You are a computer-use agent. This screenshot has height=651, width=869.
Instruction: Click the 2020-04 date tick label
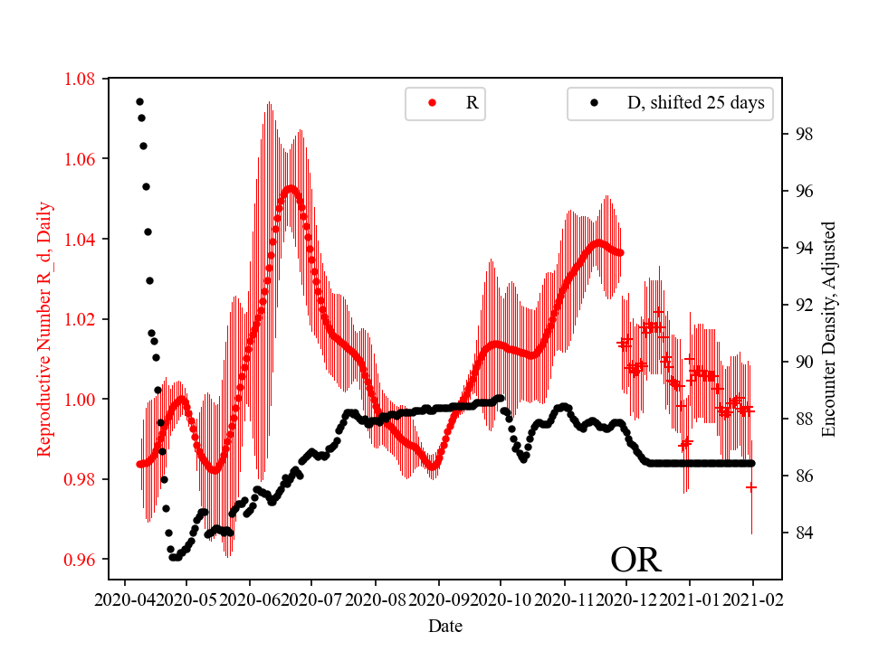tap(124, 599)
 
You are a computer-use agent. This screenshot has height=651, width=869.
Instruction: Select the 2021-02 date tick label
tap(751, 599)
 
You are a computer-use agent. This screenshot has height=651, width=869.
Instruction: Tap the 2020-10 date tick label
tap(501, 599)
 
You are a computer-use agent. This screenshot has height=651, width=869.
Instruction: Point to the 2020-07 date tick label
tap(312, 599)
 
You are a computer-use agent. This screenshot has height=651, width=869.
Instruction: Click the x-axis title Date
tap(444, 625)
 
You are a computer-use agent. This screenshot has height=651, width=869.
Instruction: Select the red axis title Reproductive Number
tap(43, 329)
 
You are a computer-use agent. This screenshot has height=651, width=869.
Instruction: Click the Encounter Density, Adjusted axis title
tap(828, 329)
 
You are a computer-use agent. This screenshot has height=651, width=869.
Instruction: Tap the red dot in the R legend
tap(432, 103)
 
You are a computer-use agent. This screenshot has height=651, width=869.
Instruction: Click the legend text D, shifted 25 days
tap(695, 103)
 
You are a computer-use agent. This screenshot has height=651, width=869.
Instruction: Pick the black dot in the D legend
tap(594, 103)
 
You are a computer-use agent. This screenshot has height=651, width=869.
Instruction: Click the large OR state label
tap(635, 560)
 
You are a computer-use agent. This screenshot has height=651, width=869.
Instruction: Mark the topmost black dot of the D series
tap(139, 101)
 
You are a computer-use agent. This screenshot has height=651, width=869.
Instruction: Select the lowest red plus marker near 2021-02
tap(751, 487)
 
